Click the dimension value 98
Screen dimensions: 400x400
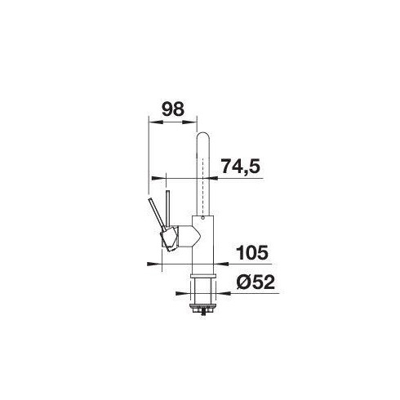click(x=173, y=109)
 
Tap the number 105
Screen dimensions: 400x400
click(x=252, y=252)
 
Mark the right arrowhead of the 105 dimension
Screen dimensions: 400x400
click(x=221, y=264)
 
